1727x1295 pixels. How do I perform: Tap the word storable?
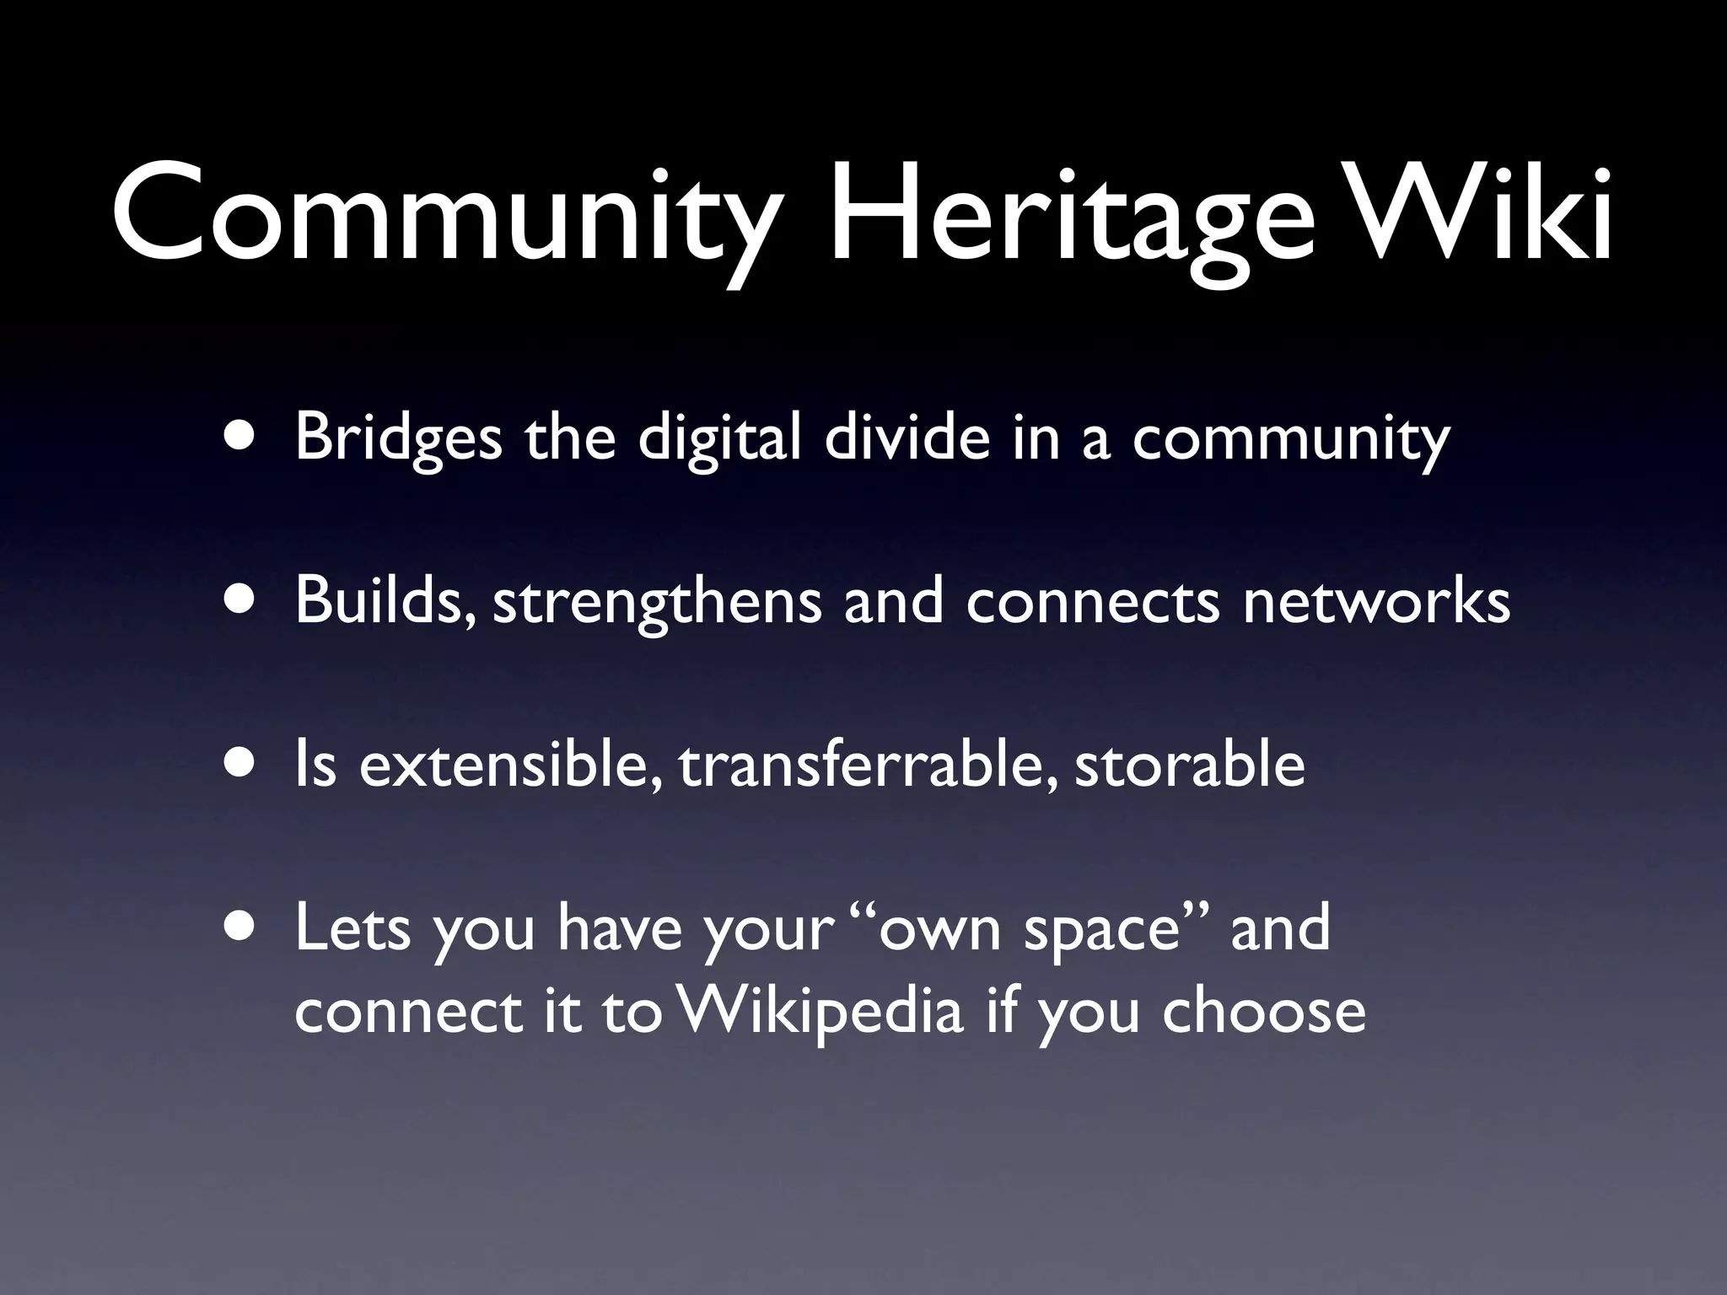(x=1189, y=764)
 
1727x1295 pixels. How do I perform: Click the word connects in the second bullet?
(x=1092, y=602)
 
